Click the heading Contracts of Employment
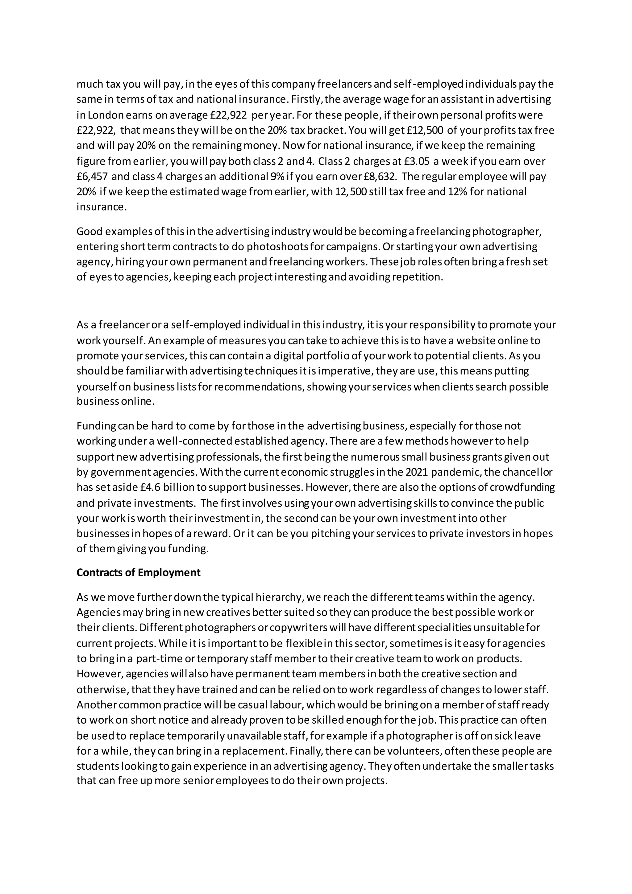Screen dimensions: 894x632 pyautogui.click(x=139, y=572)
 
